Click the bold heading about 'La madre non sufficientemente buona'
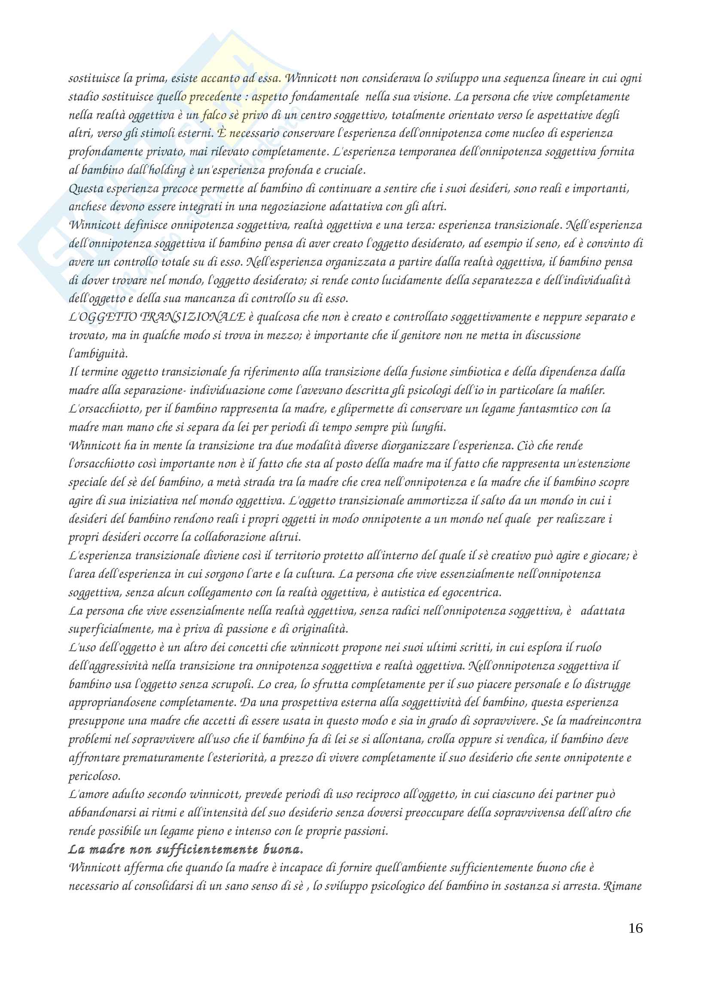coord(186,849)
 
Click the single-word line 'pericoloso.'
coord(94,776)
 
